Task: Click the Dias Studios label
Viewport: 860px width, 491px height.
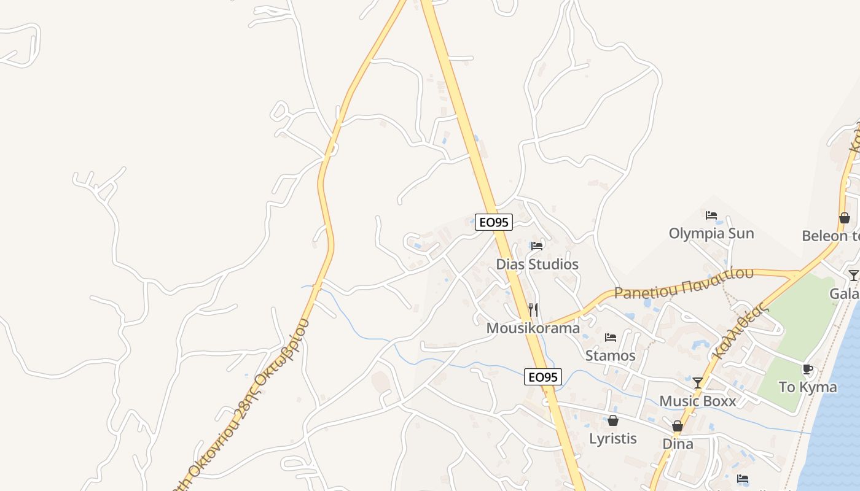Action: [x=537, y=265]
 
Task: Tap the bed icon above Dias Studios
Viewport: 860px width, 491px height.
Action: [x=537, y=246]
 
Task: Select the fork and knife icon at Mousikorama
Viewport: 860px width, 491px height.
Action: [x=533, y=310]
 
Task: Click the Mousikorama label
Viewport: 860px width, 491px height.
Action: [x=533, y=328]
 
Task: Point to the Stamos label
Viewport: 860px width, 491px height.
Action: [x=610, y=355]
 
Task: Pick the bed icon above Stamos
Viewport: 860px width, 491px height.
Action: [x=610, y=338]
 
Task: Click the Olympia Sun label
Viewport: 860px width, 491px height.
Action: [x=711, y=234]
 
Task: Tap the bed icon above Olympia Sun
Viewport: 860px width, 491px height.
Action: [x=711, y=215]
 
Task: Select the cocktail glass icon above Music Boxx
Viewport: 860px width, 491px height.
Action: [x=698, y=383]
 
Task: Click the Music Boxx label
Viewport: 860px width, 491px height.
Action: [x=698, y=401]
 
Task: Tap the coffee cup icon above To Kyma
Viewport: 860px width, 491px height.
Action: [x=807, y=369]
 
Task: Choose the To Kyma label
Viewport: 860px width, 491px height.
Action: [x=807, y=387]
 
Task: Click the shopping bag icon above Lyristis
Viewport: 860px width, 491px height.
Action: [x=612, y=420]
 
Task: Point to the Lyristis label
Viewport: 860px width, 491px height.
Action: [x=612, y=439]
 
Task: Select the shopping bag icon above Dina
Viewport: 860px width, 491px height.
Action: [x=678, y=426]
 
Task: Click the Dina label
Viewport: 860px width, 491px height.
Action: [x=678, y=444]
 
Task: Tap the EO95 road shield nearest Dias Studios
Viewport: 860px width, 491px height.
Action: [x=494, y=222]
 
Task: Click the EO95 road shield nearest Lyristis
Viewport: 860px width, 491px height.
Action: [x=543, y=377]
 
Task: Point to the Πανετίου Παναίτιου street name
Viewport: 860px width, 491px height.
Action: [x=684, y=284]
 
